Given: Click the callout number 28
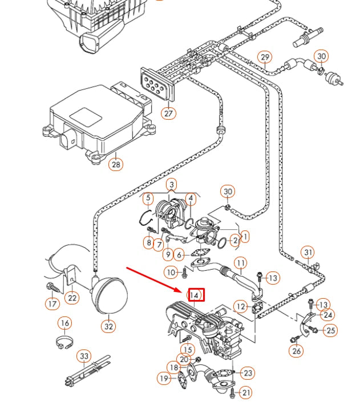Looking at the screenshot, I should [116, 165].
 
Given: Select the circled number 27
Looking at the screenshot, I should [168, 113].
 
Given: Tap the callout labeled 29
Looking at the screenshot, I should [265, 57].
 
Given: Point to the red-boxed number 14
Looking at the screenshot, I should [195, 295].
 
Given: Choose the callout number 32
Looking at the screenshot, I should [108, 326].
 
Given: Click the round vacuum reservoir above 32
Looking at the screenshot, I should [109, 295].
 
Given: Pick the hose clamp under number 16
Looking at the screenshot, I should [66, 344].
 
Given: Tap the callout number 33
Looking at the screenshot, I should [84, 357].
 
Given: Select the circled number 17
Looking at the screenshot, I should [52, 304].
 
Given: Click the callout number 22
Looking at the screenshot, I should [72, 297].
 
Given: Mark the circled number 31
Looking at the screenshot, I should [308, 252].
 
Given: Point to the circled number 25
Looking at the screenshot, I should [331, 330].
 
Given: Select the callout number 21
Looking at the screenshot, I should [246, 392].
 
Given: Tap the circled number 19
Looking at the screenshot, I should [164, 377].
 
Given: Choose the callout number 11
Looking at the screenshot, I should [241, 263].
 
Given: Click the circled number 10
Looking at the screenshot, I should [171, 273].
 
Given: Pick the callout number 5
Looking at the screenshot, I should [148, 199].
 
